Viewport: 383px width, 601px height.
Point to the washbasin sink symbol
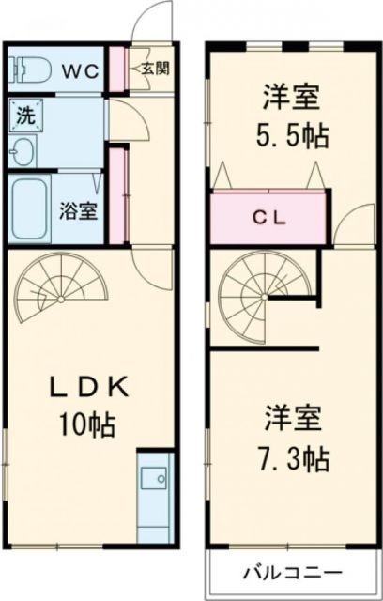click(23, 150)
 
